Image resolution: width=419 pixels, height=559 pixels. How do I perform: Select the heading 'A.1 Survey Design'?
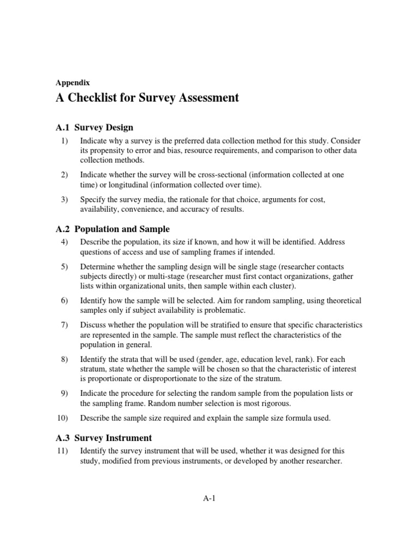coord(94,128)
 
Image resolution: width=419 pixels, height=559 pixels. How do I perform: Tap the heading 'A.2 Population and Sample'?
coord(113,229)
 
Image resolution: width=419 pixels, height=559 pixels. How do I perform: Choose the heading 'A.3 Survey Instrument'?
coord(104,438)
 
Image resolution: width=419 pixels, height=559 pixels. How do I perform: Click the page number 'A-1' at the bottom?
coord(209,498)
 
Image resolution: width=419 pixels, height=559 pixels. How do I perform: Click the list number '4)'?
coord(63,242)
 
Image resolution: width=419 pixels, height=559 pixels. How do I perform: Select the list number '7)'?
coord(63,325)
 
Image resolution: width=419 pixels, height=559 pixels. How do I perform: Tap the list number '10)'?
coord(62,418)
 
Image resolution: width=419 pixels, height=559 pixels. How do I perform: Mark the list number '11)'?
coord(62,451)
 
